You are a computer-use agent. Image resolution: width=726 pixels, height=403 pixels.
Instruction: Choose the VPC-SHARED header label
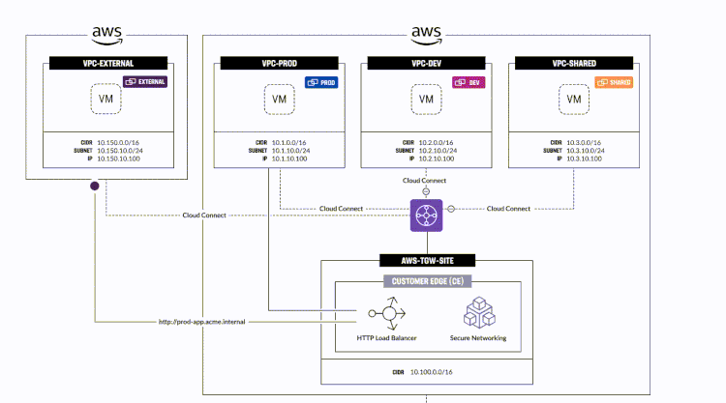[574, 63]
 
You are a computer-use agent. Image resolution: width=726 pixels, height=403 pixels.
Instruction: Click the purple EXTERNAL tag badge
[147, 82]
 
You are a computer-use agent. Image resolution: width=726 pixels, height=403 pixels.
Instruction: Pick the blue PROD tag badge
[321, 82]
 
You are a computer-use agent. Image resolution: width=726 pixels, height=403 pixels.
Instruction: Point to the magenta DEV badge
[469, 82]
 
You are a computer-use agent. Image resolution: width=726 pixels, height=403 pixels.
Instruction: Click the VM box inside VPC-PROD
[279, 99]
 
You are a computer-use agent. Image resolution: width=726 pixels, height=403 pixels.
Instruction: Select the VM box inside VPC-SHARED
[574, 99]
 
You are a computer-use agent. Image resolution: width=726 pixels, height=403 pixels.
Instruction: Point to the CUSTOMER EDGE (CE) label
[426, 281]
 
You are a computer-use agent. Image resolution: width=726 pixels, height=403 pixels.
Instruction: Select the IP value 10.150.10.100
[120, 158]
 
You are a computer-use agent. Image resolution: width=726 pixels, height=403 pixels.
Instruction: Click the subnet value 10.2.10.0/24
[442, 150]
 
